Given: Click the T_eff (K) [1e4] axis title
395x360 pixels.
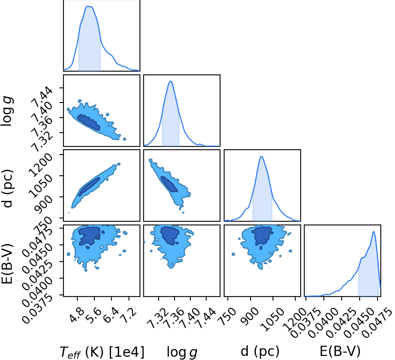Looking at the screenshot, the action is click(x=102, y=352).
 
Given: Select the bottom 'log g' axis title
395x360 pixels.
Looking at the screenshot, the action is click(x=182, y=352).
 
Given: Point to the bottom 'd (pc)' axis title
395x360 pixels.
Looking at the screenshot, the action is click(x=260, y=351).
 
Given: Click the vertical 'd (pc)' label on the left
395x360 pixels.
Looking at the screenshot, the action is click(x=8, y=188).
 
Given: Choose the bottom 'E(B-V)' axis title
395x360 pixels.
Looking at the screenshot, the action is click(x=340, y=351).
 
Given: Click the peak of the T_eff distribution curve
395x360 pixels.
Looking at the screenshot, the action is click(x=88, y=6).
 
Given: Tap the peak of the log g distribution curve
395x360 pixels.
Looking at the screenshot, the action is click(x=171, y=81).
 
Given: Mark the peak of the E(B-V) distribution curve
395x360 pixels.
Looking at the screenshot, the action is click(x=373, y=231).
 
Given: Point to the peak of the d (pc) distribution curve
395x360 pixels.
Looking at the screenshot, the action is click(x=262, y=157).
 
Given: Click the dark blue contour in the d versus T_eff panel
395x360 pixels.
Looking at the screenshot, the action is click(x=89, y=187).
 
